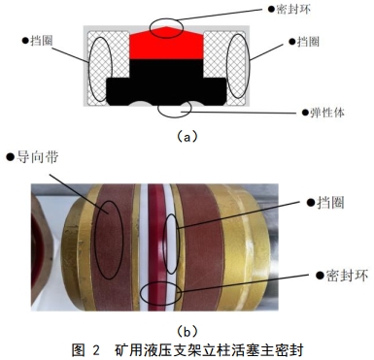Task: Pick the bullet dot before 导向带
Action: (10, 155)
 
